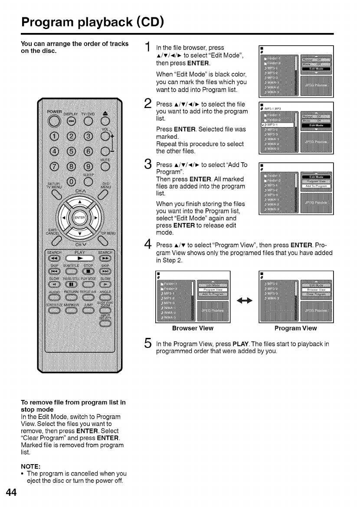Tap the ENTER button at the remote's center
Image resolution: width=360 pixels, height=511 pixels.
coord(79,217)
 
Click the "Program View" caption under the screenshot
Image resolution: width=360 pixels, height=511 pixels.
coord(296,328)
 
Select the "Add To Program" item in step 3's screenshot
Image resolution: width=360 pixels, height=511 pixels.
coord(315,186)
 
